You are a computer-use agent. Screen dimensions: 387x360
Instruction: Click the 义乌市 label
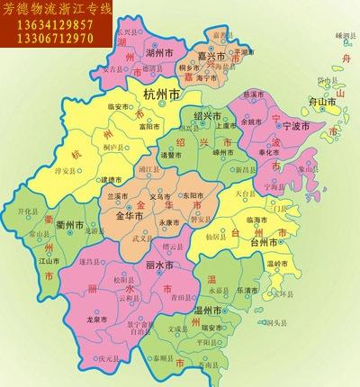tap(161, 195)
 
